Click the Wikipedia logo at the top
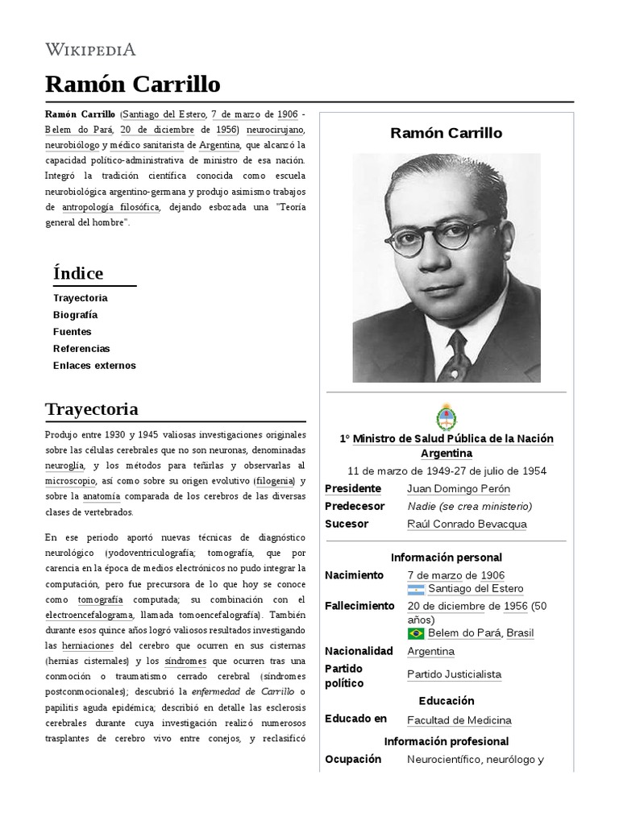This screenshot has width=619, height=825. coord(90,49)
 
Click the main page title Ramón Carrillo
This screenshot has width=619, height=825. coord(132,85)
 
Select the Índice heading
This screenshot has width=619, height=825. coord(78,273)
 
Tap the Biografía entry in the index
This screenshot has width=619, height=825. coord(75,315)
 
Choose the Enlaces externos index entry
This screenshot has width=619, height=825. coord(94,366)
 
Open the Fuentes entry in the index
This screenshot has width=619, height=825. coord(73,332)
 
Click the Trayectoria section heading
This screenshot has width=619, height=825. coord(92,409)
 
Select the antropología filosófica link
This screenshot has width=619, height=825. coord(111,207)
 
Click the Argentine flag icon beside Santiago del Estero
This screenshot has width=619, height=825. coord(417,590)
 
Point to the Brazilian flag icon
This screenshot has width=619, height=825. coord(417,633)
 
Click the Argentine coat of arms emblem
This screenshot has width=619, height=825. coord(446,417)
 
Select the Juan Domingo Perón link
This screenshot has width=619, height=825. coord(459,489)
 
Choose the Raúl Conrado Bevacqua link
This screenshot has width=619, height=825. coord(467,524)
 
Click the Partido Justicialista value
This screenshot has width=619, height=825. coord(454,674)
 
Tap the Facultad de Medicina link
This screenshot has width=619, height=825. coord(459,720)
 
